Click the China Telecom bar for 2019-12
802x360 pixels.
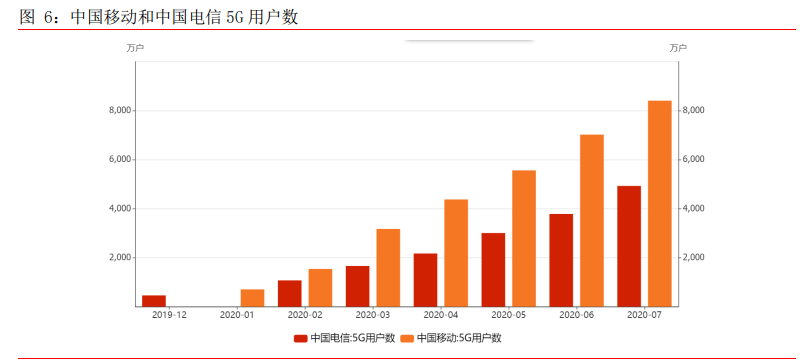tap(154, 300)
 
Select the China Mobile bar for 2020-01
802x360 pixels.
tap(252, 297)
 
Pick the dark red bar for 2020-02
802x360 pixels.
tap(289, 293)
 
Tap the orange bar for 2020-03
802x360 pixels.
tap(388, 267)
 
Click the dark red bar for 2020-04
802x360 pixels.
tap(425, 279)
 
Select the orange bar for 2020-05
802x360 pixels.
tap(524, 238)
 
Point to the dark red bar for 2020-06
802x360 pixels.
tap(561, 259)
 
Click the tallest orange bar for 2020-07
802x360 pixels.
tap(660, 203)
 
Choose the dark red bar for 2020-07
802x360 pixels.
tap(629, 245)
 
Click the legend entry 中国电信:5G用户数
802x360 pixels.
tap(344, 338)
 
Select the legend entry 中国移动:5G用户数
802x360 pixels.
tap(451, 338)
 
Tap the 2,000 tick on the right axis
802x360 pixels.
tap(694, 258)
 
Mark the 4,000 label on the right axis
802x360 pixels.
tap(694, 209)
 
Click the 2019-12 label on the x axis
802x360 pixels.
tap(169, 315)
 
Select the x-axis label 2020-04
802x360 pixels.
tap(440, 315)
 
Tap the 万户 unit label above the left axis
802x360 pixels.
tap(135, 47)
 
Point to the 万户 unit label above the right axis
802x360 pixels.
tap(678, 47)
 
